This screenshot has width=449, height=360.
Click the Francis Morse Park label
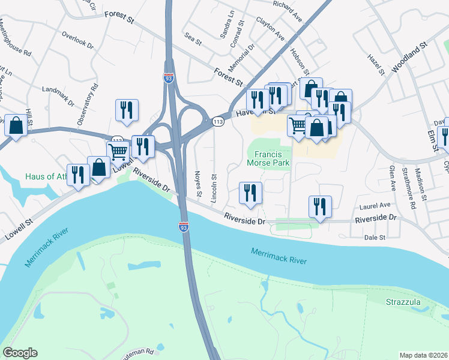[x=268, y=158]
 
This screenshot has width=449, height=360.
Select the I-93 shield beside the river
[x=182, y=227]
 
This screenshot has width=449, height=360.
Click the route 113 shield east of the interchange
[x=218, y=122]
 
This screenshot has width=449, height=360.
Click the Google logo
[x=20, y=353]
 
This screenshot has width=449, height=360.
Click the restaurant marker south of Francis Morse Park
[x=250, y=193]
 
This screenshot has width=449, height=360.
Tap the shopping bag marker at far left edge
[x=16, y=125]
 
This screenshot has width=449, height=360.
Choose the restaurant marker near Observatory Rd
[x=127, y=110]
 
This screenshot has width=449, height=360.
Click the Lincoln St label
[x=214, y=188]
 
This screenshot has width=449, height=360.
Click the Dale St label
[x=375, y=238]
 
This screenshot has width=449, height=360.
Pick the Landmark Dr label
[x=58, y=96]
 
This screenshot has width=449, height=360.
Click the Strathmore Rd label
[x=408, y=188]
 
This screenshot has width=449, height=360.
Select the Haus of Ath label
[x=47, y=177]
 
